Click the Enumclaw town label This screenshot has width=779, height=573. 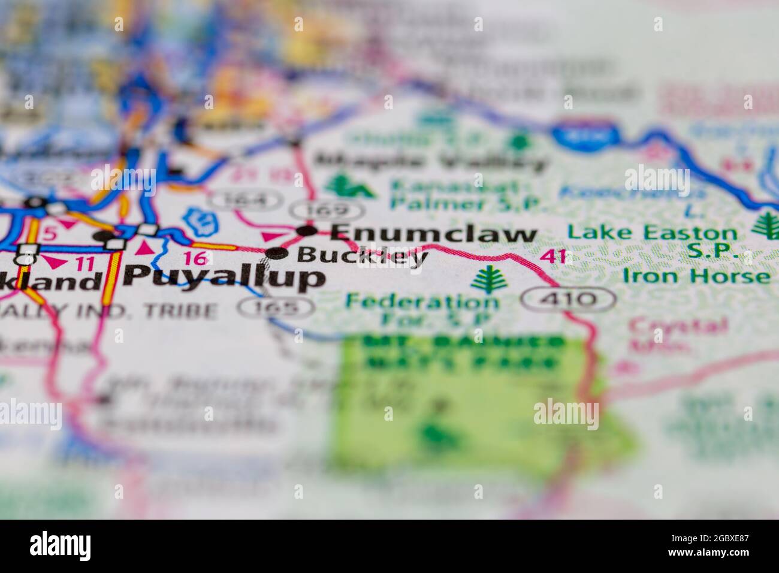click(x=433, y=233)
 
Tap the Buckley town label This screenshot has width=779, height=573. click(x=362, y=256)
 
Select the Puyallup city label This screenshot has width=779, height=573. click(x=225, y=277)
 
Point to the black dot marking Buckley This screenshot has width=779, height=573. click(x=276, y=254)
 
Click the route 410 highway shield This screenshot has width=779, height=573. click(x=567, y=298)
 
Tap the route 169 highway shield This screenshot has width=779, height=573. click(x=327, y=210)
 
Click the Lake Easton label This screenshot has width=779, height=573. click(x=651, y=233)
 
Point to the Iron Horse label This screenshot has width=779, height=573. click(x=696, y=276)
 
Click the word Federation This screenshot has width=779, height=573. click(x=422, y=301)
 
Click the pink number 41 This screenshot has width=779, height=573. click(x=552, y=257)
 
